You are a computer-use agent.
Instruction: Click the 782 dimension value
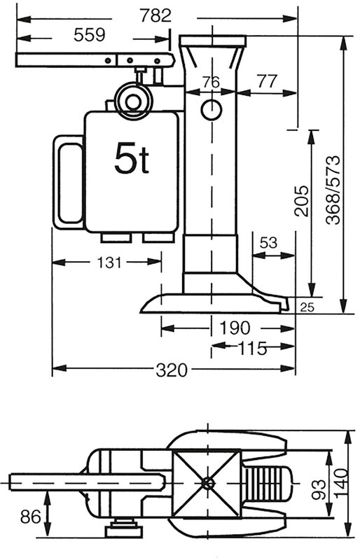[155, 15]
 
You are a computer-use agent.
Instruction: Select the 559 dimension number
[90, 35]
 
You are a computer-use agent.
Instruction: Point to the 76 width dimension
[211, 83]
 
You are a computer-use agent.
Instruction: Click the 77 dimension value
[267, 81]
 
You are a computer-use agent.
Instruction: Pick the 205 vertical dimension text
[301, 201]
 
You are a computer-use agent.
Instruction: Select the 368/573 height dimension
[333, 190]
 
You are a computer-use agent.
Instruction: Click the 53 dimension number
[268, 243]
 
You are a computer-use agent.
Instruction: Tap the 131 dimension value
[109, 262]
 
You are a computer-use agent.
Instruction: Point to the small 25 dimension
[307, 307]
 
